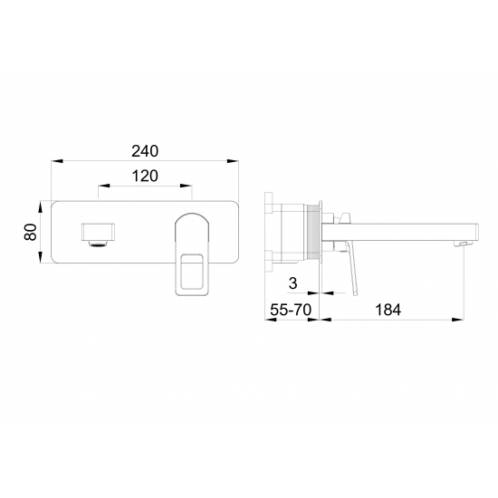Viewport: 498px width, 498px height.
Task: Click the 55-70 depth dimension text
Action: tap(291, 309)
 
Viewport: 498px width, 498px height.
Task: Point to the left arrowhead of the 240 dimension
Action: tap(53, 161)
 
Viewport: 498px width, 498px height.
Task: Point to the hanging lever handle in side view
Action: tap(353, 272)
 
